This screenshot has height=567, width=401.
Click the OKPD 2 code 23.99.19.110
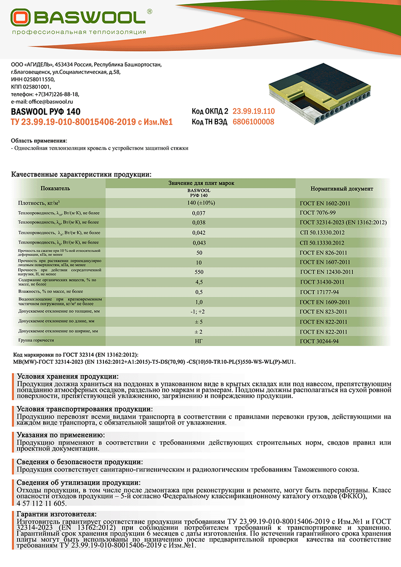pos(253,111)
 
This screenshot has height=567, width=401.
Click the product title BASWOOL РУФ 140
pos(46,111)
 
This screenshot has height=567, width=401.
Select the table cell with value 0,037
pos(200,213)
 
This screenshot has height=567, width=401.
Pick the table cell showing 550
pos(200,271)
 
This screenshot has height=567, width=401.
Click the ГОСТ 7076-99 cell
pos(318,213)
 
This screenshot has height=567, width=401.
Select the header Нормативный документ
pos(342,189)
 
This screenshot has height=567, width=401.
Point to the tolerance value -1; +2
pos(200,311)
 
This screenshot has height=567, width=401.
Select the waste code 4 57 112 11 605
pos(42,503)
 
